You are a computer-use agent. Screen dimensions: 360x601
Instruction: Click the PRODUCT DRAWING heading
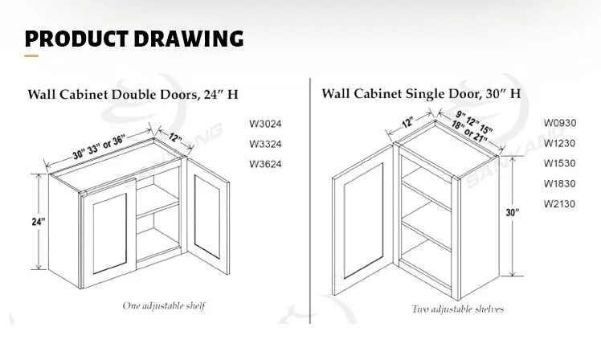[x=133, y=38]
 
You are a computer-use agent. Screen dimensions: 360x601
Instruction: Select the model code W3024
[x=266, y=125]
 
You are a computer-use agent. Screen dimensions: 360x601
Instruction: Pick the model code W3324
[x=266, y=145]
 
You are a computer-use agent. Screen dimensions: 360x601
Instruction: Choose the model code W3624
[x=266, y=165]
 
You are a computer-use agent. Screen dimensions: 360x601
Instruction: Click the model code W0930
[x=559, y=123]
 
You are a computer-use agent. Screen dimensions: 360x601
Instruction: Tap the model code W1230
[x=559, y=143]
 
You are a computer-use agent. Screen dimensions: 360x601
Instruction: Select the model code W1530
[x=559, y=163]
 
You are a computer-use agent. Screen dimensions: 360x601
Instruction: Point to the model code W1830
[x=559, y=183]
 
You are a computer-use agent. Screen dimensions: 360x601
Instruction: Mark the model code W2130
[x=559, y=203]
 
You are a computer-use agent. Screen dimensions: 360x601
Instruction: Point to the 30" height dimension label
[x=513, y=213]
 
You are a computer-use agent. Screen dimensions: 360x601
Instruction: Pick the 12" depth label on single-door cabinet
[x=408, y=123]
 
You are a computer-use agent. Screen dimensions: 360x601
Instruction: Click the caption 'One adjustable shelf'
[x=164, y=305]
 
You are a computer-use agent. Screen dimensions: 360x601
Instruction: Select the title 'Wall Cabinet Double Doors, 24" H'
[x=133, y=94]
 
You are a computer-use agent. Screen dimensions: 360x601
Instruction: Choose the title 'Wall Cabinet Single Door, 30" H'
[x=421, y=93]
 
